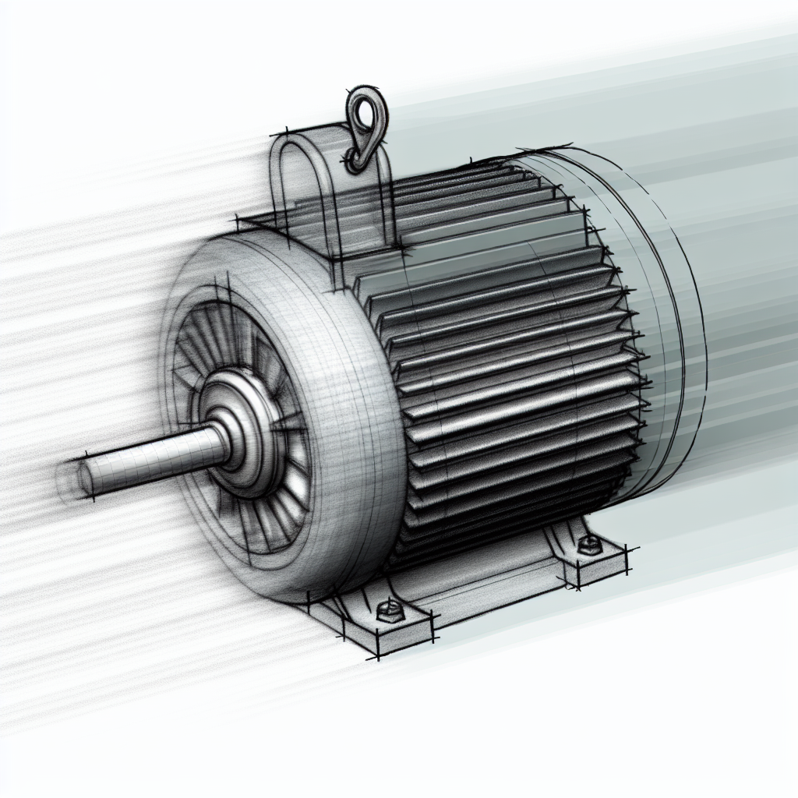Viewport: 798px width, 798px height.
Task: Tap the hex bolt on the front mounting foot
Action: click(x=388, y=610)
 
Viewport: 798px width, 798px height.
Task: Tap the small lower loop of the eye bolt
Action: click(x=355, y=160)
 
